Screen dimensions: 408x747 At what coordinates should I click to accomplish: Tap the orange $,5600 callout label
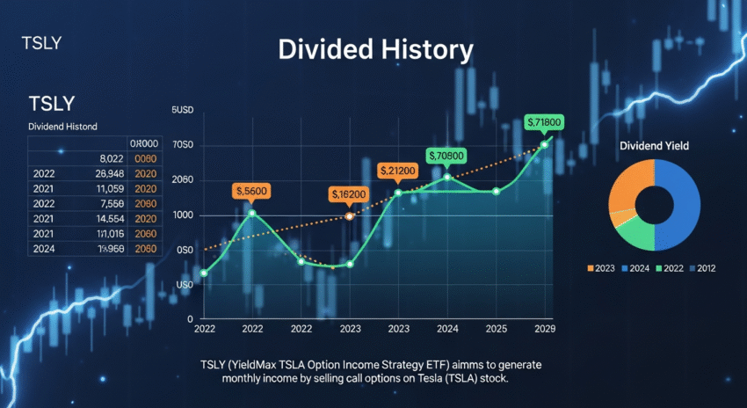point(251,191)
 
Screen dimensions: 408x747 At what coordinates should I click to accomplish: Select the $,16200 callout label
point(349,193)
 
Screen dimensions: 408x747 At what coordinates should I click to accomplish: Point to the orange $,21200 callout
point(397,170)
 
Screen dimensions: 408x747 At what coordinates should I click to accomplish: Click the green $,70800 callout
point(446,156)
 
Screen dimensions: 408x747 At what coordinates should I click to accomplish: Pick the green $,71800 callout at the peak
point(543,121)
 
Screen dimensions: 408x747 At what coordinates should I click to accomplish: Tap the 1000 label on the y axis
point(183,215)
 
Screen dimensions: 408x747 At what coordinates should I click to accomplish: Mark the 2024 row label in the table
point(43,249)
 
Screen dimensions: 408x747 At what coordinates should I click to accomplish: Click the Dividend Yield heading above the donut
point(654,144)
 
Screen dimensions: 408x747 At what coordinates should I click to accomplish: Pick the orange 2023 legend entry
point(602,268)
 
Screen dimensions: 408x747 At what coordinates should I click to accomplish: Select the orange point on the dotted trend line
point(349,215)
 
